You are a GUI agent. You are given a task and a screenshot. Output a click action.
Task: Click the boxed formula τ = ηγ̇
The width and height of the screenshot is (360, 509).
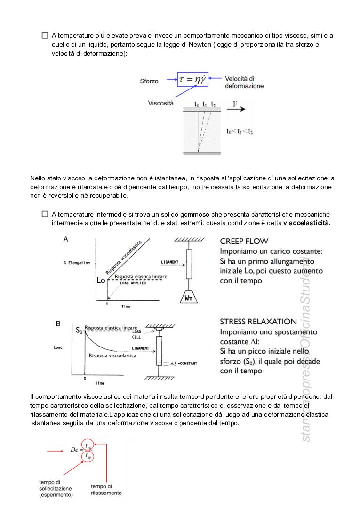pos(192,79)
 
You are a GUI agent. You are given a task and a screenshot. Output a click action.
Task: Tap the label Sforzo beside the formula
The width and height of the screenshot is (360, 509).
pos(149,81)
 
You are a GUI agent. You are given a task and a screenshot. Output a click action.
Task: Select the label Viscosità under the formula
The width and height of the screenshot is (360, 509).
pos(161,103)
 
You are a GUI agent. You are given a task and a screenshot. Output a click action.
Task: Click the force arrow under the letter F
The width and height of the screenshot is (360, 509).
pos(236,109)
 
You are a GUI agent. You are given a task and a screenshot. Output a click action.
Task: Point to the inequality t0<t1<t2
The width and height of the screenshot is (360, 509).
pos(240,131)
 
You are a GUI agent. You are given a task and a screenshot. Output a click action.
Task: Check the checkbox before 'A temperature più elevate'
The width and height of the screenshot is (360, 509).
pos(45,35)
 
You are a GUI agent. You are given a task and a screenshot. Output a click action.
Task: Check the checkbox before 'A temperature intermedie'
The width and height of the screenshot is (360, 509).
pos(45,214)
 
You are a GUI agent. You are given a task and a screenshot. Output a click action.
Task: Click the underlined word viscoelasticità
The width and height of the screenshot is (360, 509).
pos(307,223)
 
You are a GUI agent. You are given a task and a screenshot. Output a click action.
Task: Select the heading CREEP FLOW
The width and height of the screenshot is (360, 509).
pos(244,241)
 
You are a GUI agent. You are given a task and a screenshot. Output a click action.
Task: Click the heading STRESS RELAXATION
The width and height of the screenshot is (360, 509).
pos(258,322)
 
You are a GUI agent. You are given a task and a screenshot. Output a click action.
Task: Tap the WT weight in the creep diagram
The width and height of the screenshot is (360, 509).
pos(188,298)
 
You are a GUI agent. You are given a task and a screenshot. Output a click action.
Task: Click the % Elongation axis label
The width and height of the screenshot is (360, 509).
pos(77,263)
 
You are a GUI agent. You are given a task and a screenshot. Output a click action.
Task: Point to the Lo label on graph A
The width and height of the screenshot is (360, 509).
pos(101,280)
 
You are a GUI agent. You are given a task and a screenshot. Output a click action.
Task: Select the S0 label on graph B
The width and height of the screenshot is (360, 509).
pos(79,330)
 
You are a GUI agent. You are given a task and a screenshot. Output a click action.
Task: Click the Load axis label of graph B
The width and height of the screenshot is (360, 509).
pos(58,347)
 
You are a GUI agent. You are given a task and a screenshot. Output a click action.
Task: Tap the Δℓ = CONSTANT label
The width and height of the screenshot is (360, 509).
pos(184,364)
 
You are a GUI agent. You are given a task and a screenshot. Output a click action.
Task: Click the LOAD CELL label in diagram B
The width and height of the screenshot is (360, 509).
pos(136,334)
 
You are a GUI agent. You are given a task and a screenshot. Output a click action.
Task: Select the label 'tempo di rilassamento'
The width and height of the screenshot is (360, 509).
pos(106,490)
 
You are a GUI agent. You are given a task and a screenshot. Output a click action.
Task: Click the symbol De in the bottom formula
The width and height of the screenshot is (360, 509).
pos(75,450)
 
